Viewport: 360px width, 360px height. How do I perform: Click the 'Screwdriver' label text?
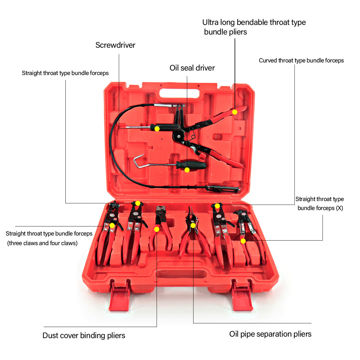point(115,45)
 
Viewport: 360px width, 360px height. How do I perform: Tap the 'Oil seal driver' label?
point(192,68)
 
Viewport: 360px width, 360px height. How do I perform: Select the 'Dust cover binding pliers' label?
point(84,335)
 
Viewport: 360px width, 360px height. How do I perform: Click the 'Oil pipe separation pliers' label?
point(270,334)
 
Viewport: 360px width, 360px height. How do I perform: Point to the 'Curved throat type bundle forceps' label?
point(301,61)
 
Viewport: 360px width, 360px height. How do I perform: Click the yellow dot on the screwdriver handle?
point(157,129)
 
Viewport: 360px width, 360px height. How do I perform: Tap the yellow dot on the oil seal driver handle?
point(187,170)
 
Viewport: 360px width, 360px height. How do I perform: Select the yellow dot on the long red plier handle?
point(235,112)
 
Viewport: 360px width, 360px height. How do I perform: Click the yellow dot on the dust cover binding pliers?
point(157,229)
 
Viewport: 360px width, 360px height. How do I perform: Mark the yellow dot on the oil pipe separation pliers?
point(193,225)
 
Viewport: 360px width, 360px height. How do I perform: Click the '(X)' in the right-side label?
point(339,208)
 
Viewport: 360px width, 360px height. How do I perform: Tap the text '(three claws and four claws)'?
point(42,243)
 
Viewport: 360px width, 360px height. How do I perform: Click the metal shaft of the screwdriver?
point(138,127)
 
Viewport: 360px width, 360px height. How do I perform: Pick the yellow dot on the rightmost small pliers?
point(243,241)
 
